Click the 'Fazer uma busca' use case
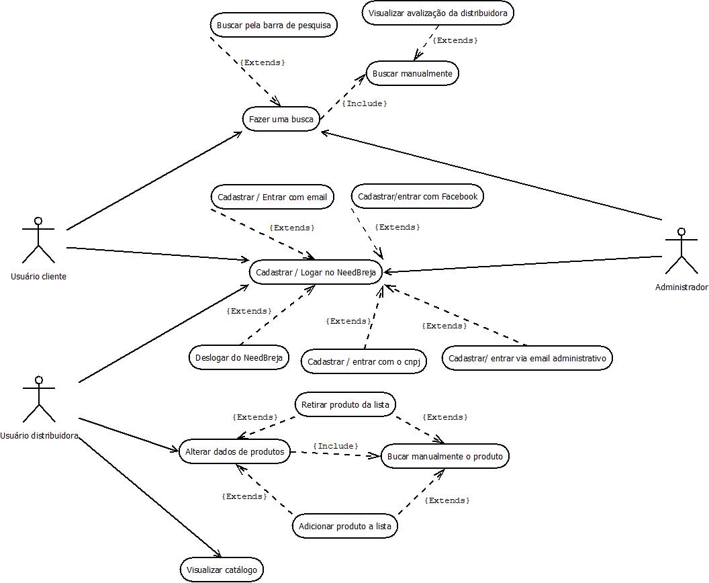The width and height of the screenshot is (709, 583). (281, 120)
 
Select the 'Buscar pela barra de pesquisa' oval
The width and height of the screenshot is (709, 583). (273, 26)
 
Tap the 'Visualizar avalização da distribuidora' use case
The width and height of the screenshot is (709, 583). (438, 13)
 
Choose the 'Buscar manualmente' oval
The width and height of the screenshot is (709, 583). (412, 73)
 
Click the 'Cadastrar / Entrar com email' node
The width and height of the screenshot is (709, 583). (272, 197)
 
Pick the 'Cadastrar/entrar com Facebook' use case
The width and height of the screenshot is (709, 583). (418, 197)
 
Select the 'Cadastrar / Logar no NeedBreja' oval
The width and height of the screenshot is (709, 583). (316, 273)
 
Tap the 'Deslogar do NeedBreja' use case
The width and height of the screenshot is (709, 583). (238, 357)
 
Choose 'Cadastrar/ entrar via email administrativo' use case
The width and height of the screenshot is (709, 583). (527, 359)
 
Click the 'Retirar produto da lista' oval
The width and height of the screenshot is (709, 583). (345, 405)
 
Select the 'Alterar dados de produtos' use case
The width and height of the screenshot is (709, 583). (234, 452)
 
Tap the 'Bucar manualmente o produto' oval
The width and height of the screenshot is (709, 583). (445, 457)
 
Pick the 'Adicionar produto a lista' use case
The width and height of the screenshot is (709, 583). (345, 526)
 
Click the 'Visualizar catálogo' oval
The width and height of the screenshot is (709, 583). (222, 570)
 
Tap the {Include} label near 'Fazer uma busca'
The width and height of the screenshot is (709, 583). (365, 103)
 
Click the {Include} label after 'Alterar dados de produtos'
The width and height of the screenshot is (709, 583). (335, 446)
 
